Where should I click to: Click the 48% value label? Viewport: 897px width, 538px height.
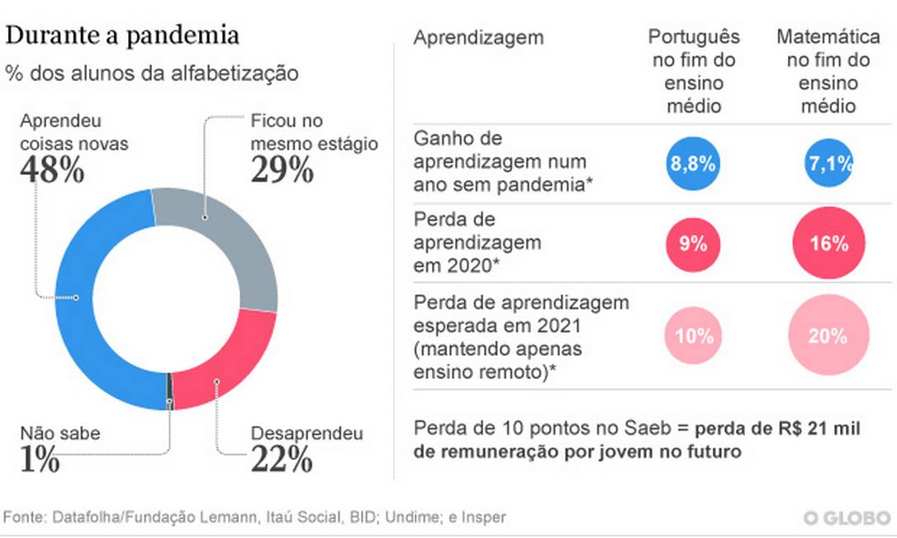pos(51,171)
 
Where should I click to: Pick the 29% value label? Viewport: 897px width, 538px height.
pos(281,171)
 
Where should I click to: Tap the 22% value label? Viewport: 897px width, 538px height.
pos(281,458)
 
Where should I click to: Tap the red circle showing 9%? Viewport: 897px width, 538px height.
pos(692,244)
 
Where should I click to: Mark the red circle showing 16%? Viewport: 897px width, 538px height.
pos(828,244)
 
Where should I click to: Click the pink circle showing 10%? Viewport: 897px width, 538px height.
pos(692,336)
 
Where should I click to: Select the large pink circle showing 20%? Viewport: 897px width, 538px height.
pos(828,336)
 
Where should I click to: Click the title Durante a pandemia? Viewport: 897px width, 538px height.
pos(123,35)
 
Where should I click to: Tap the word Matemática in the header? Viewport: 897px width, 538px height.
pos(828,37)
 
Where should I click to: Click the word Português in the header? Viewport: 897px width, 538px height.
pos(694,37)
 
